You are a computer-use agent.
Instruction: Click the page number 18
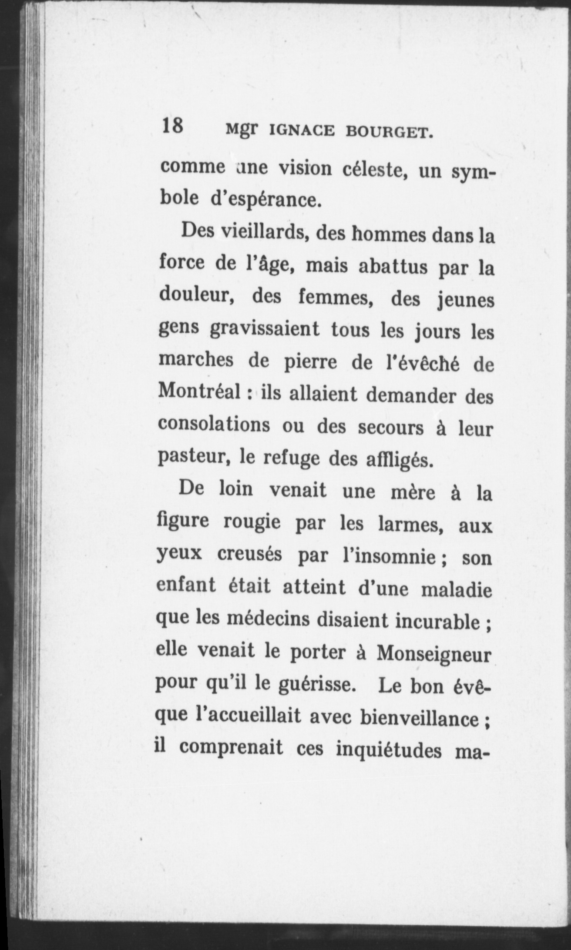[172, 127]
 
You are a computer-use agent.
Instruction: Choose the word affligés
[396, 459]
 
